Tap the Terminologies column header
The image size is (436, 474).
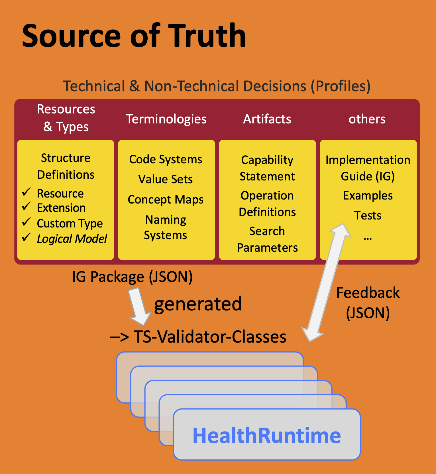coord(166,119)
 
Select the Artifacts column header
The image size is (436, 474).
coord(267,119)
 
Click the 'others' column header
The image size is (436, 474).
coord(367,119)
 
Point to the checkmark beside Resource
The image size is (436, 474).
coord(26,192)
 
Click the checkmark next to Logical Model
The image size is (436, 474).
coord(26,237)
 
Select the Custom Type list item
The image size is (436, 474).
coord(70,223)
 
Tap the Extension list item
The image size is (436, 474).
coord(61,208)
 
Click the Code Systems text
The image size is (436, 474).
coord(166,159)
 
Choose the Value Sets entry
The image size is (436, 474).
coord(165,179)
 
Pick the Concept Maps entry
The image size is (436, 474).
coord(166,200)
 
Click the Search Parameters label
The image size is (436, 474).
coord(267,239)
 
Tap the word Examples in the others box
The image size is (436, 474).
coord(368,196)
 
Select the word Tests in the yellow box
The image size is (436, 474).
coord(368,215)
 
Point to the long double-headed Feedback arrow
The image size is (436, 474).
coord(326,282)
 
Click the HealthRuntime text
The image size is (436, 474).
coord(267,435)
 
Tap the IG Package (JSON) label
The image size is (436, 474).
coord(132,277)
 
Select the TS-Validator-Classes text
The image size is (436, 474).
coord(209,337)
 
